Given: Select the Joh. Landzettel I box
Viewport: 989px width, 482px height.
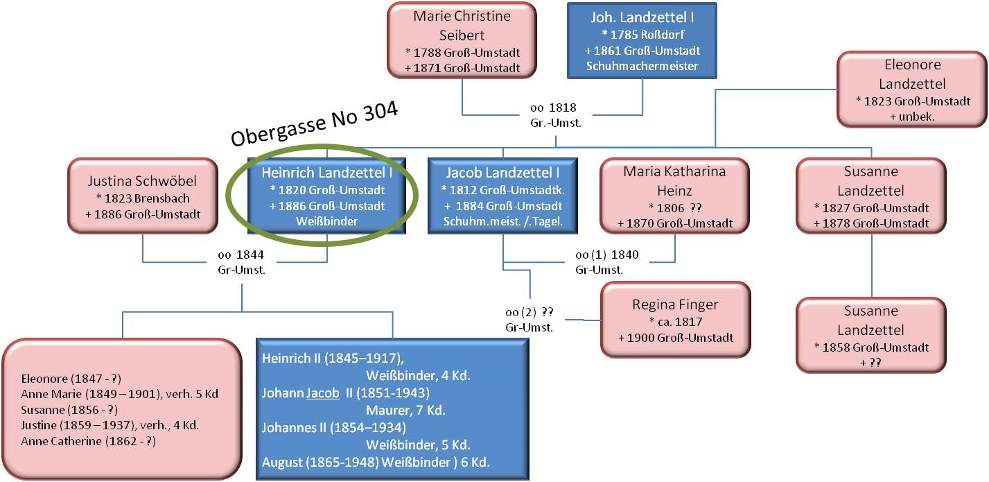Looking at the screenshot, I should tap(642, 41).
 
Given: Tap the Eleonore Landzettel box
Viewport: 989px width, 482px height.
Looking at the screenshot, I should tap(912, 90).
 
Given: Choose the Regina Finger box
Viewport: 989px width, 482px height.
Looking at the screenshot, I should tap(676, 320).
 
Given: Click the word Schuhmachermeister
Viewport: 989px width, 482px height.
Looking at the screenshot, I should tap(642, 66).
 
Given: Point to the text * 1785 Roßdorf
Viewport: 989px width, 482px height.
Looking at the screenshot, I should tap(642, 35).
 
